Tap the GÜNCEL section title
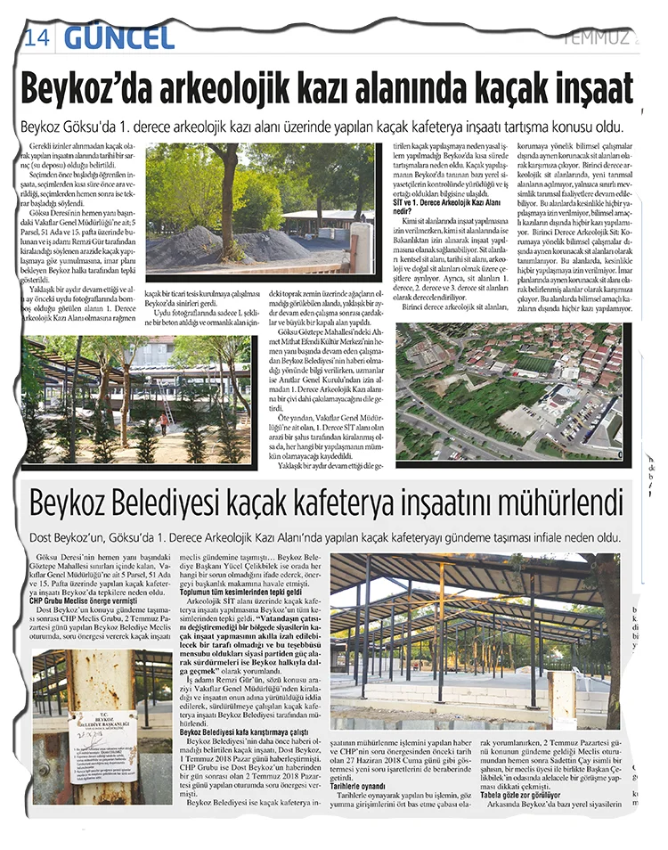point(118,37)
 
